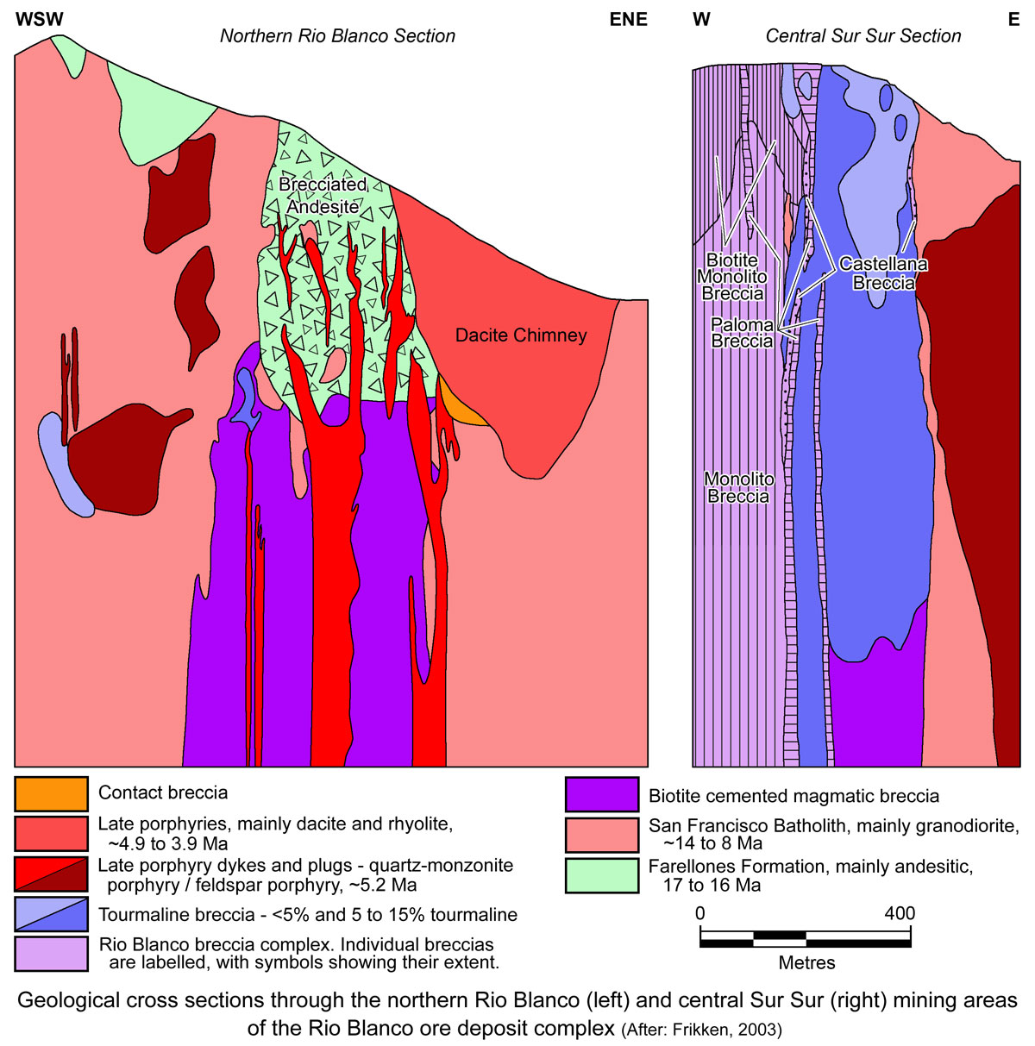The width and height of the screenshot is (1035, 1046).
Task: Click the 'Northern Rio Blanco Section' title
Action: [337, 36]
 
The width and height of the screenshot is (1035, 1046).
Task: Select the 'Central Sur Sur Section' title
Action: [862, 36]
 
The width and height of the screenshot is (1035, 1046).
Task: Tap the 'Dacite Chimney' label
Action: [521, 335]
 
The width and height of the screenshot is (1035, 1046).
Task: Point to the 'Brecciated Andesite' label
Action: [323, 196]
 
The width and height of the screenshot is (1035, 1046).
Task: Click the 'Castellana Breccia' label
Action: [883, 273]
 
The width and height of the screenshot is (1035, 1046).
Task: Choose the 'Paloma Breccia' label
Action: [742, 333]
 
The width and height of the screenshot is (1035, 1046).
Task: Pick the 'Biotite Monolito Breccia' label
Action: [732, 277]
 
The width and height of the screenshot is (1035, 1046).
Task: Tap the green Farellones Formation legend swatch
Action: [602, 874]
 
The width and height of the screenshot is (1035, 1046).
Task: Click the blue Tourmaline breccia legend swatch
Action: [51, 915]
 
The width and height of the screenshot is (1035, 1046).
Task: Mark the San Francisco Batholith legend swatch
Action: [602, 835]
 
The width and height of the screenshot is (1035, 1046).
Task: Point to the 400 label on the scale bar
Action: [899, 913]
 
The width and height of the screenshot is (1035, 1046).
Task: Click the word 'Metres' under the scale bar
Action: [806, 962]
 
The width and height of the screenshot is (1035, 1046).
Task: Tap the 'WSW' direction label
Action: [40, 19]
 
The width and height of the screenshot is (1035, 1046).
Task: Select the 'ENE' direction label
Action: [628, 19]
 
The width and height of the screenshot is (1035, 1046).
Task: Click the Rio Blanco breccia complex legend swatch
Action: [51, 954]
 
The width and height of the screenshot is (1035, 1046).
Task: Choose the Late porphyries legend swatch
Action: [51, 834]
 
